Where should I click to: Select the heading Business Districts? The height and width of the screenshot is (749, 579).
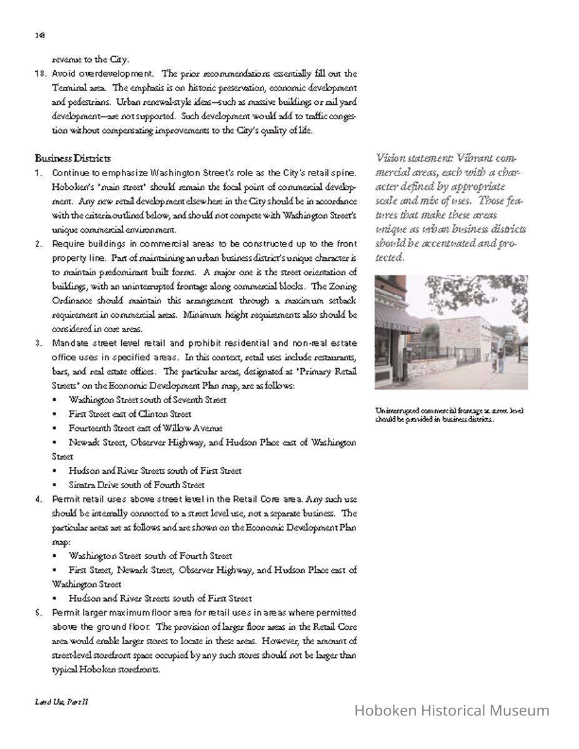[x=72, y=159]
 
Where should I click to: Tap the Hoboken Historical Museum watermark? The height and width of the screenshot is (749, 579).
[x=452, y=710]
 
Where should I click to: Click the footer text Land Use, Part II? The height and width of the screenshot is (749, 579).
[x=61, y=702]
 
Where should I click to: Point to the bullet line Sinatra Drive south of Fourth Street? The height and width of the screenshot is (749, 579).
[x=137, y=485]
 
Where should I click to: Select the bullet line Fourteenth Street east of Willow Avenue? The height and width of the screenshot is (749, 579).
[x=146, y=428]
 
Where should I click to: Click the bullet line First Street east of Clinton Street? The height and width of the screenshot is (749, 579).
[x=130, y=414]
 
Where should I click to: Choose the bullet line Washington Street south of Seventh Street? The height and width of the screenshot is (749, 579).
[x=147, y=400]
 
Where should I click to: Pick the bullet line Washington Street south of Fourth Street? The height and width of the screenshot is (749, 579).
[x=150, y=556]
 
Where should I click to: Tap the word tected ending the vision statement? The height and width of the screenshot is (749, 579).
[x=390, y=258]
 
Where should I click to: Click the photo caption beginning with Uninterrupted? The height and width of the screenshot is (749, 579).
[x=448, y=414]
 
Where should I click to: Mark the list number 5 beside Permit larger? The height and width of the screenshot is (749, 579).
[x=39, y=613]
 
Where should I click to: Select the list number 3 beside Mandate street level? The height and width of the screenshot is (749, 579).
[x=39, y=343]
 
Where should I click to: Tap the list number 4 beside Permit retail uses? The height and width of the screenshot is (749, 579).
[x=39, y=499]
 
